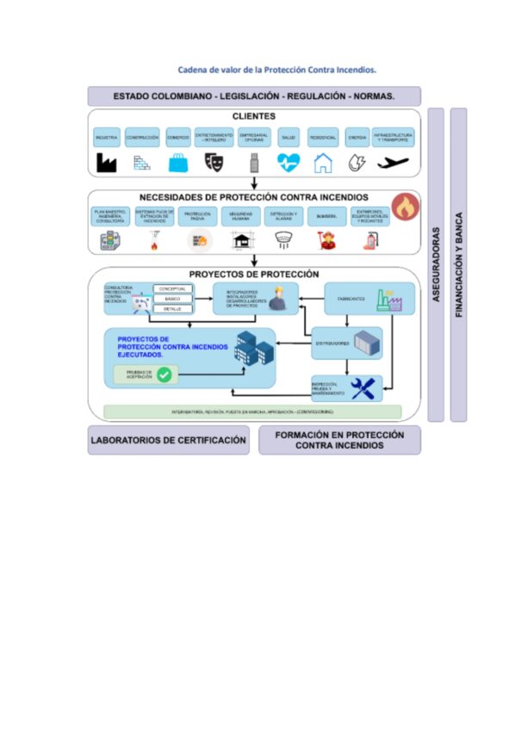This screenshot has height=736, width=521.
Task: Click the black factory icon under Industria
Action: (106, 162)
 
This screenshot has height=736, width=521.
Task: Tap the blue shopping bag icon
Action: (178, 162)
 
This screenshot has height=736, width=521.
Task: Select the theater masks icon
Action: (214, 162)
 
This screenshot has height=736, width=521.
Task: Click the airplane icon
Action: (393, 162)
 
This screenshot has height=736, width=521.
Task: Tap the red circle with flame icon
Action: (404, 207)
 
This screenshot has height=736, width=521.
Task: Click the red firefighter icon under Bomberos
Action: (327, 242)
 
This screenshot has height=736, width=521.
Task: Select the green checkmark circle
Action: (164, 374)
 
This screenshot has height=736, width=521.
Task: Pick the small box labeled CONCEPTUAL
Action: (172, 289)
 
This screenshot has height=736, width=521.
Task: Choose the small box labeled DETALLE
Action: (172, 308)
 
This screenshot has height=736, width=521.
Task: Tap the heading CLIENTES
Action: (254, 115)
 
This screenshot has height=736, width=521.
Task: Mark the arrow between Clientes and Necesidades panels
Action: (254, 182)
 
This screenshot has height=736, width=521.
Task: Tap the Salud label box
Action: (288, 137)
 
